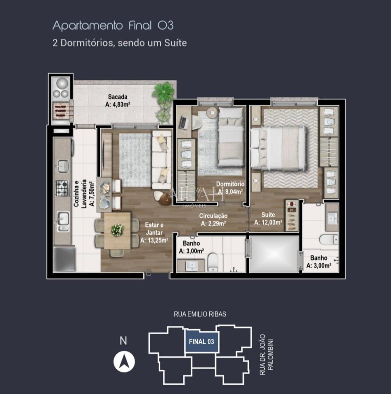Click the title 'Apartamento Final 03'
click(113, 26)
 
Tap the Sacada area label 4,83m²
click(118, 104)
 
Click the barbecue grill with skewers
click(61, 110)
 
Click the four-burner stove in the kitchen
click(62, 188)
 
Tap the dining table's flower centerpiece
click(117, 230)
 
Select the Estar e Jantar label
click(151, 232)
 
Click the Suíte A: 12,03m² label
click(268, 218)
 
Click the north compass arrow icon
click(124, 361)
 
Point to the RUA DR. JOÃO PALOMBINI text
click(266, 354)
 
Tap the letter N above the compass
click(124, 341)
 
